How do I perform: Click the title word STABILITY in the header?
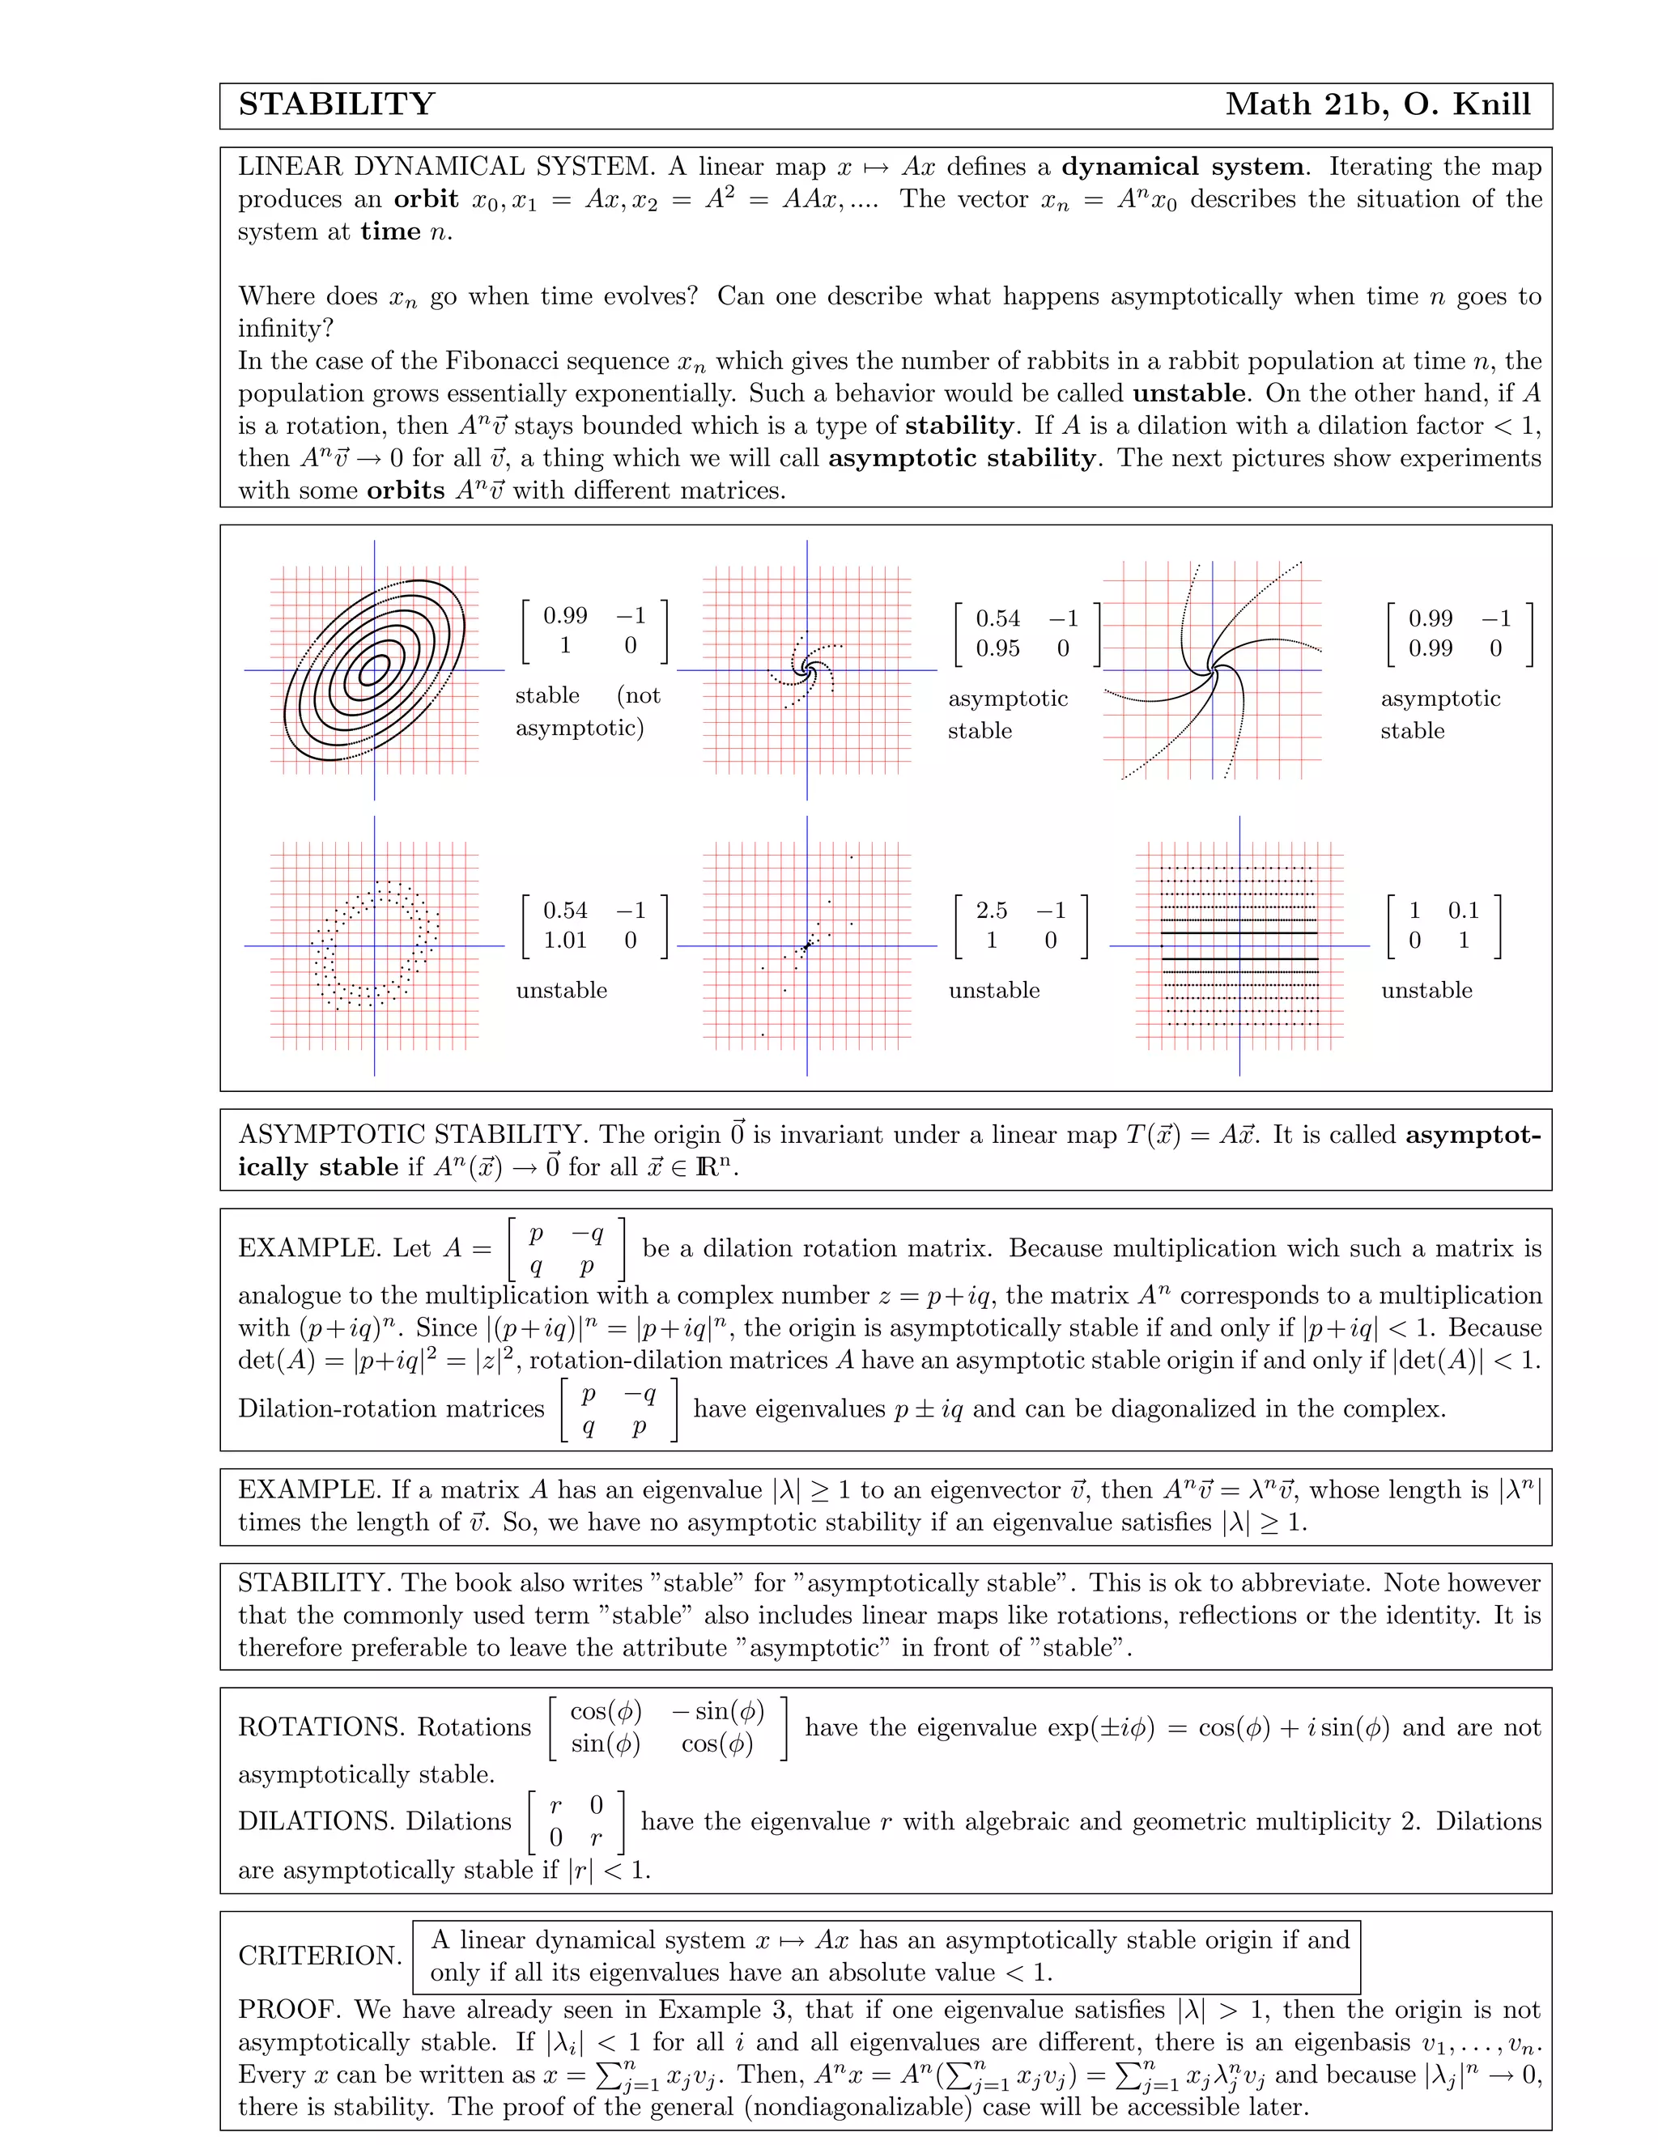coord(336,105)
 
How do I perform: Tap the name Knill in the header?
coord(1491,105)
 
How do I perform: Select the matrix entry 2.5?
coord(991,911)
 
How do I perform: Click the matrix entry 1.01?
coord(565,941)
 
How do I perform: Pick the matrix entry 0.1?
coord(1463,911)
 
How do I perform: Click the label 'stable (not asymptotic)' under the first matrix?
coord(588,711)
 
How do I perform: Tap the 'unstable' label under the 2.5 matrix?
coord(993,990)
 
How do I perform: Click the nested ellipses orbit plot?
coord(374,670)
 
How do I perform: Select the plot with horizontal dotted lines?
coord(1239,945)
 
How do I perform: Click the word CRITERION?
coord(319,1956)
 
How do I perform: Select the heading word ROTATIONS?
coord(321,1727)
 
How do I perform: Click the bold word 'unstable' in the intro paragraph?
coord(1188,394)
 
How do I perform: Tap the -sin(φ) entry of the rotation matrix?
coord(718,1712)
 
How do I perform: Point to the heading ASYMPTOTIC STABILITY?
coord(413,1136)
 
